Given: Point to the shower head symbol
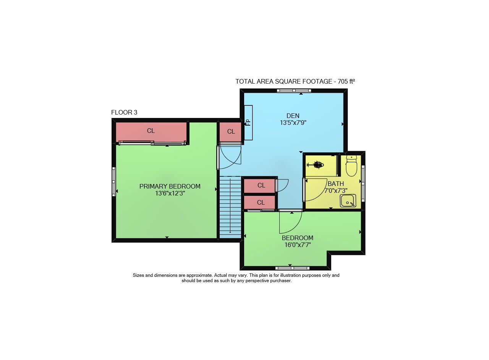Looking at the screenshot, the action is tap(316, 165).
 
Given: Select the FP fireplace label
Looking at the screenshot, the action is tap(248, 123).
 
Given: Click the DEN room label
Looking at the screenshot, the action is tap(293, 116).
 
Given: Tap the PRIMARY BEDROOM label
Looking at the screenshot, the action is tap(170, 186).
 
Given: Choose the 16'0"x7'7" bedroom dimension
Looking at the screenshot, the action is tap(298, 245).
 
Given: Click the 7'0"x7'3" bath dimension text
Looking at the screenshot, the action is tap(336, 191).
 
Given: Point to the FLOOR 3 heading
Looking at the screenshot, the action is tap(124, 112).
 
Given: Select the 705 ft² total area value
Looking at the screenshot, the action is tap(346, 81).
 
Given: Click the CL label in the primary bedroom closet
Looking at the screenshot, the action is tap(151, 131).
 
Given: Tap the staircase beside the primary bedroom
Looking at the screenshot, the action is tap(230, 207).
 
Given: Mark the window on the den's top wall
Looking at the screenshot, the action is tap(294, 90).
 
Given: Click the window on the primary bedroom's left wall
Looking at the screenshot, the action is tap(114, 182).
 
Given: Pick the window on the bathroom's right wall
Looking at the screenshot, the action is tap(363, 184).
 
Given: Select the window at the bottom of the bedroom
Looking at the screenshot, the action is tap(292, 268).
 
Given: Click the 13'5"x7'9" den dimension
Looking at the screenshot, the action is tap(293, 123).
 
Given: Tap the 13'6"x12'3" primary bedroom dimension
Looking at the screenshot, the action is tap(170, 193).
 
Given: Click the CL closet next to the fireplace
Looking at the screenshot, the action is tap(231, 132).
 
